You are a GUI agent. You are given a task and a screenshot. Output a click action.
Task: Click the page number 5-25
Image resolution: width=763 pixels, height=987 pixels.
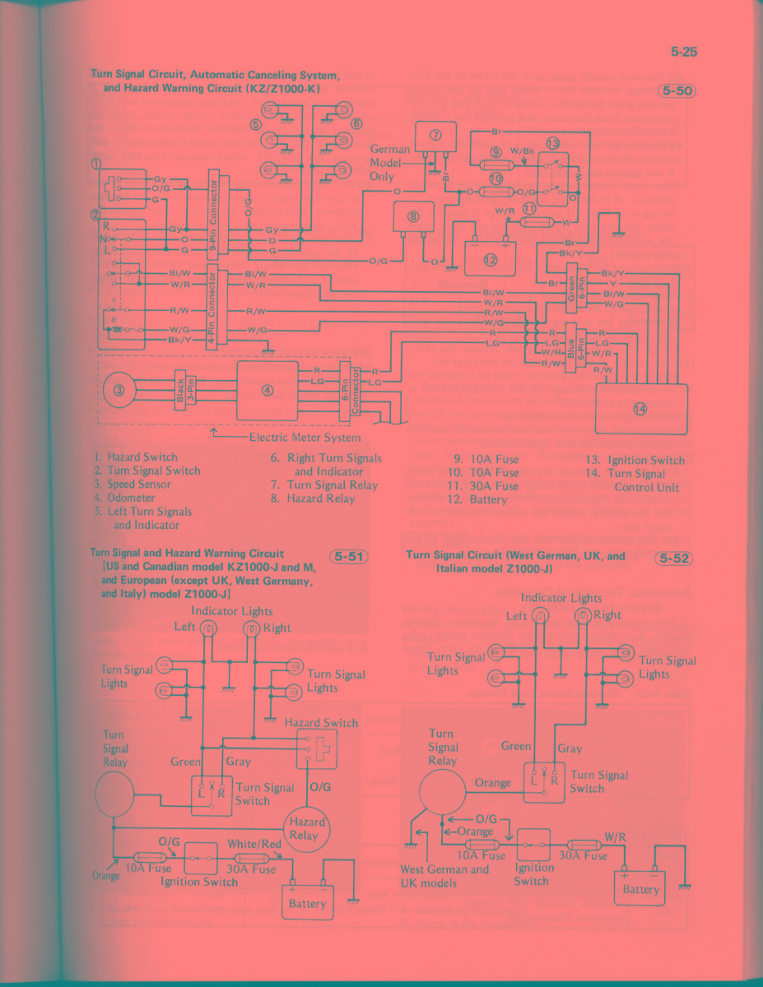pyautogui.click(x=683, y=53)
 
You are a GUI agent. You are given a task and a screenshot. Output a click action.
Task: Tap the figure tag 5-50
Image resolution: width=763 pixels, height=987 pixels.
pyautogui.click(x=675, y=90)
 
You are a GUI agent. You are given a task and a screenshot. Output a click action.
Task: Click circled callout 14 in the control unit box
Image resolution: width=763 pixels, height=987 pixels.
pyautogui.click(x=640, y=409)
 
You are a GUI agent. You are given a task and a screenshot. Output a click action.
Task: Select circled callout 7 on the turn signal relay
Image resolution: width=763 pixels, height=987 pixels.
pyautogui.click(x=436, y=134)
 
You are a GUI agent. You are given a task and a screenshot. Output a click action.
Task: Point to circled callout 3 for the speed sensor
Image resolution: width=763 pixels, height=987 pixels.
pyautogui.click(x=120, y=390)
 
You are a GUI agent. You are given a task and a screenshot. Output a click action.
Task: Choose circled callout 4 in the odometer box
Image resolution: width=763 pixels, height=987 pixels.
pyautogui.click(x=267, y=390)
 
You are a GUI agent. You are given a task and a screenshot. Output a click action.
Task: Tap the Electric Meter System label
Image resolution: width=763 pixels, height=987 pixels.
pyautogui.click(x=304, y=438)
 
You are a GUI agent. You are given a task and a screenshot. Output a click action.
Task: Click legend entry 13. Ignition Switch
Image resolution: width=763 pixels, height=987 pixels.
pyautogui.click(x=634, y=460)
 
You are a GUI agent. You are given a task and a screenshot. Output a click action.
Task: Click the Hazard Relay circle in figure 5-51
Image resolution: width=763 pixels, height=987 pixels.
pyautogui.click(x=307, y=828)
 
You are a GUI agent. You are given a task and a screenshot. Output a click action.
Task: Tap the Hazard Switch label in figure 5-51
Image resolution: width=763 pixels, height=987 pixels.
pyautogui.click(x=320, y=723)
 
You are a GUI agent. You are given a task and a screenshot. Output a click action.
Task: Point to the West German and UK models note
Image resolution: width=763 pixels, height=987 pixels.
pyautogui.click(x=444, y=876)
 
